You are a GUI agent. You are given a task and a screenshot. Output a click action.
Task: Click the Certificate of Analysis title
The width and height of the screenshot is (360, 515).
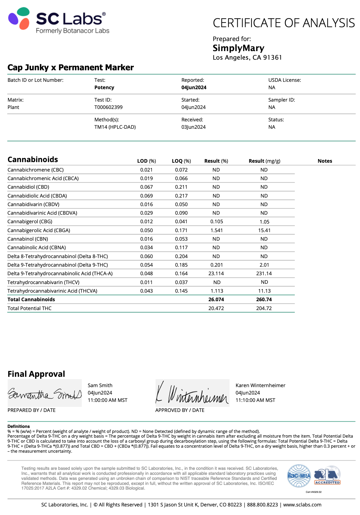[x=284, y=23]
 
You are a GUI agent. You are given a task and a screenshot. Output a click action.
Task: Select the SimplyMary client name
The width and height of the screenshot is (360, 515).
[x=238, y=48]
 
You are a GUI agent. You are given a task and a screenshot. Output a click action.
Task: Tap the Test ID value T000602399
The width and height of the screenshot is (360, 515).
[x=108, y=107]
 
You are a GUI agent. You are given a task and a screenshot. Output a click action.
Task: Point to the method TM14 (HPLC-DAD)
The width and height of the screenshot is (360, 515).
[x=115, y=127]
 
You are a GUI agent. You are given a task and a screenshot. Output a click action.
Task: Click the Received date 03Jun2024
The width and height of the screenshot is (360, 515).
[x=193, y=127]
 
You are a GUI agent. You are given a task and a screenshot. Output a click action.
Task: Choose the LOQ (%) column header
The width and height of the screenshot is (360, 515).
[x=181, y=161]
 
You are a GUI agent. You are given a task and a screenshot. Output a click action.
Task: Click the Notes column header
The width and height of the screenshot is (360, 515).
[x=325, y=161]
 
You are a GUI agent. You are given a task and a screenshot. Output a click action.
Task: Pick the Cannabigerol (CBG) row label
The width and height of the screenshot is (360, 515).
[x=30, y=221]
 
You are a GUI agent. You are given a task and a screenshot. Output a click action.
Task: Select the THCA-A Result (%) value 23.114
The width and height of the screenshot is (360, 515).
[x=216, y=273]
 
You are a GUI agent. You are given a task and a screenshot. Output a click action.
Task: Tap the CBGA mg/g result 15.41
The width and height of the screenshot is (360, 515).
[x=264, y=230]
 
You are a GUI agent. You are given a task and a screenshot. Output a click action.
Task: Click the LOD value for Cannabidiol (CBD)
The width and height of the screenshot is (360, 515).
[x=146, y=187]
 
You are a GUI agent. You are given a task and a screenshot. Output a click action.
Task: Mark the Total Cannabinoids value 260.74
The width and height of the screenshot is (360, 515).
[x=264, y=299]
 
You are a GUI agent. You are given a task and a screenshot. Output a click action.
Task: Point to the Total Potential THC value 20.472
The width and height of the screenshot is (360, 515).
[x=216, y=308]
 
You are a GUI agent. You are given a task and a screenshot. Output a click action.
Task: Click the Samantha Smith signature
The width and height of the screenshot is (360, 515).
[x=45, y=393]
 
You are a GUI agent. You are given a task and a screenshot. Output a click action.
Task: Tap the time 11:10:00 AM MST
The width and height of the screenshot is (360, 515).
[x=255, y=400]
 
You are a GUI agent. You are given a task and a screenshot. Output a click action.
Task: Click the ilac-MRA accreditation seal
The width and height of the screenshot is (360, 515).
[x=299, y=476]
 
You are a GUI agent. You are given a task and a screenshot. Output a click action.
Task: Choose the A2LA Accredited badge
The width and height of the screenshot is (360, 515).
[x=327, y=475]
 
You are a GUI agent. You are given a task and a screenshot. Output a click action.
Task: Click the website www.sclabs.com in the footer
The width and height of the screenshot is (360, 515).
[x=302, y=505]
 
